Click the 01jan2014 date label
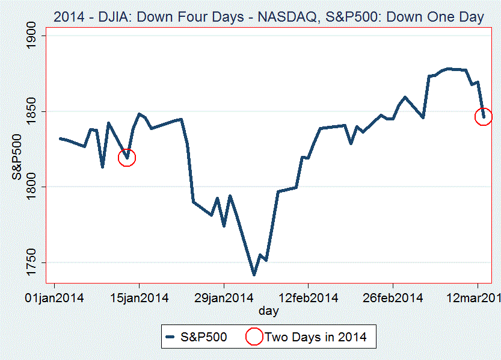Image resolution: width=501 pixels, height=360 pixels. (55, 298)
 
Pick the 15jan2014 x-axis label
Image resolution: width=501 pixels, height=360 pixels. (140, 298)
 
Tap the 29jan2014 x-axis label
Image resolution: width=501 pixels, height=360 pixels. (224, 298)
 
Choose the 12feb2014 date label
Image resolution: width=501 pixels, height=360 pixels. (308, 298)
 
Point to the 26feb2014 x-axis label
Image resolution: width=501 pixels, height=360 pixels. (393, 298)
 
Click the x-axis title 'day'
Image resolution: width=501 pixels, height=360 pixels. (268, 311)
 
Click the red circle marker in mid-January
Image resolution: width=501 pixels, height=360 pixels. (127, 158)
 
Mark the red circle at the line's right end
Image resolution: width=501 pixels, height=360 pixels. (484, 117)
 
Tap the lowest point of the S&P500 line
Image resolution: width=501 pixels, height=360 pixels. (254, 275)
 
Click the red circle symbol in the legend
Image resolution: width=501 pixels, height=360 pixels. (254, 337)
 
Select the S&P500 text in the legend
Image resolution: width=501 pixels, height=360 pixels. (204, 337)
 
